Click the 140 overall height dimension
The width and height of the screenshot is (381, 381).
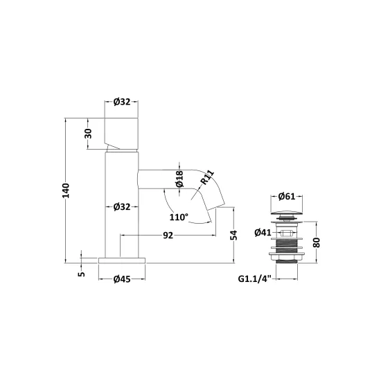66,190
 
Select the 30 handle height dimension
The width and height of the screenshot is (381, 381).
89,134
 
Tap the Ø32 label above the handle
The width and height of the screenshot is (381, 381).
122,102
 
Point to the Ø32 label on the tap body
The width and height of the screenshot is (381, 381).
122,207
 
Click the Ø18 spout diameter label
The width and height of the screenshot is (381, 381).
179,179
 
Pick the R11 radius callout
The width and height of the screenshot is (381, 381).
207,177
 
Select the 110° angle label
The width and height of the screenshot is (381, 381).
179,217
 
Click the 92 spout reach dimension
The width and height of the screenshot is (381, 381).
168,236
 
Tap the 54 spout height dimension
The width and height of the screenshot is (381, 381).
233,235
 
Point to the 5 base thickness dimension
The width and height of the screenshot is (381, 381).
82,274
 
